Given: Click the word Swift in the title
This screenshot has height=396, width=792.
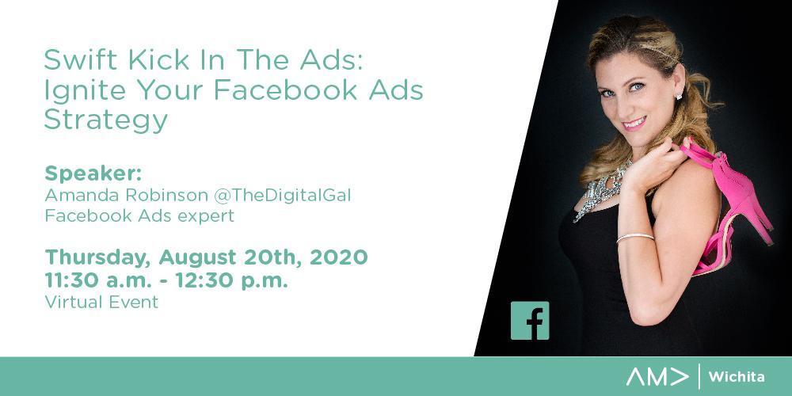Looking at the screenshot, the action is pyautogui.click(x=81, y=59).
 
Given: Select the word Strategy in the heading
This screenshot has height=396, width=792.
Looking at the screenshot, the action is pyautogui.click(x=105, y=121).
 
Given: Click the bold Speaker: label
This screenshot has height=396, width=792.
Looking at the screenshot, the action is pyautogui.click(x=93, y=173).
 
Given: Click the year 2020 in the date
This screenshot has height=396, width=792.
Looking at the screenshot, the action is pyautogui.click(x=338, y=257).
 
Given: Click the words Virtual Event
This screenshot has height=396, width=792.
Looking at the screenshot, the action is pyautogui.click(x=101, y=302).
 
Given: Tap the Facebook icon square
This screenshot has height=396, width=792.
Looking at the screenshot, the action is pyautogui.click(x=529, y=321).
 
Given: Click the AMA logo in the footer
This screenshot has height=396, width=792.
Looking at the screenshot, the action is pyautogui.click(x=657, y=376).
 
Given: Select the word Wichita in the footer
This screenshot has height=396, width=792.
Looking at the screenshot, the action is pyautogui.click(x=737, y=377).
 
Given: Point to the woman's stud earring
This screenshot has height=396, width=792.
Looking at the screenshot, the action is pyautogui.click(x=679, y=96).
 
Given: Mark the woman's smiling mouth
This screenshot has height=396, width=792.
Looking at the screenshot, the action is pyautogui.click(x=635, y=123).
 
